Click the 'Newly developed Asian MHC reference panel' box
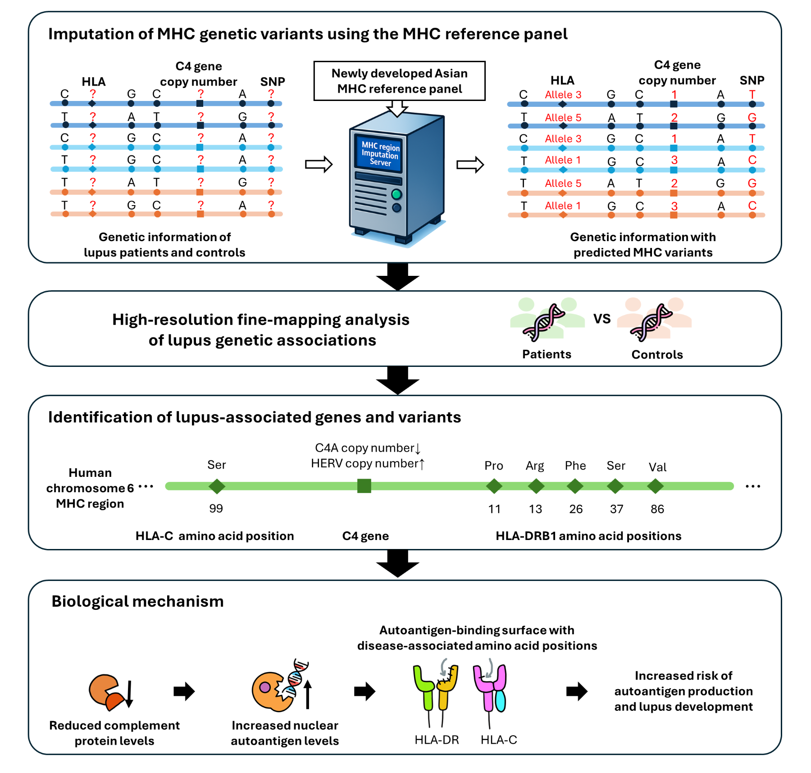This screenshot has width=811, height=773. tap(399, 81)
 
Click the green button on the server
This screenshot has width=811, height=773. tap(396, 194)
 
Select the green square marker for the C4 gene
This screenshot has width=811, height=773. tap(364, 486)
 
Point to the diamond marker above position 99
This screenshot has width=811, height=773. tap(217, 486)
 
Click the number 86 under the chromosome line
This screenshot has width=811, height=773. tap(657, 509)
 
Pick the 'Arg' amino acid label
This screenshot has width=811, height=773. tap(535, 466)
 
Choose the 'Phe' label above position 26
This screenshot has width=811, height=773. tap(575, 466)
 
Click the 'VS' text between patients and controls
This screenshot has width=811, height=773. tap(602, 319)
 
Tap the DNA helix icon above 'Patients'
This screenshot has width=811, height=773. tap(544, 322)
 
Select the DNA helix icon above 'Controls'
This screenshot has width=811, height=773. tap(651, 322)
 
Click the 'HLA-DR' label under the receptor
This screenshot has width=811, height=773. tap(437, 740)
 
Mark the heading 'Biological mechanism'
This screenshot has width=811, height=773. tap(137, 601)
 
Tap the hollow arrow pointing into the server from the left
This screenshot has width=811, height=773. tap(319, 165)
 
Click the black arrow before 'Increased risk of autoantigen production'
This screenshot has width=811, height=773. tap(577, 691)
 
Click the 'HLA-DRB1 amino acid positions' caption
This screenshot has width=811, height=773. tap(588, 536)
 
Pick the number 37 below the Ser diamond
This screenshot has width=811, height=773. tap(616, 509)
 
